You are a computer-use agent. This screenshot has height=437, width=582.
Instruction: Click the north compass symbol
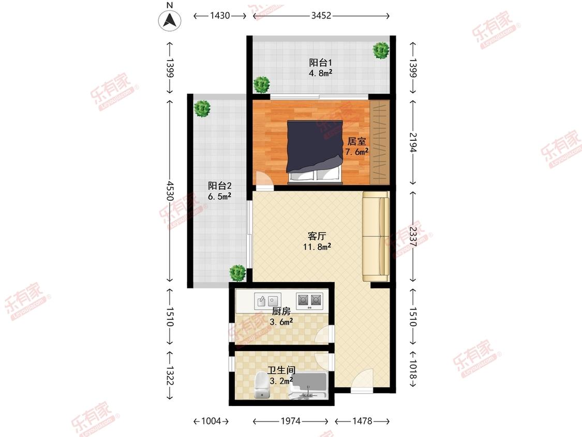point(170,20)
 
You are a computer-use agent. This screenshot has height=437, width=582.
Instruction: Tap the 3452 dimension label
point(321,16)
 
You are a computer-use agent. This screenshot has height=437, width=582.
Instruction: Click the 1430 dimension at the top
point(220,16)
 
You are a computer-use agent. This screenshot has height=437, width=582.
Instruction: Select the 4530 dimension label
point(170,191)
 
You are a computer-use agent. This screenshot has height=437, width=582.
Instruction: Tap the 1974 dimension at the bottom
point(291,421)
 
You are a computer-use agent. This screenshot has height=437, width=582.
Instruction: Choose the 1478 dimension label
point(362,421)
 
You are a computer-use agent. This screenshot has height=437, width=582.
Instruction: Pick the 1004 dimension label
point(211,421)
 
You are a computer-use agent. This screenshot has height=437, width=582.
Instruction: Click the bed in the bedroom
point(315,152)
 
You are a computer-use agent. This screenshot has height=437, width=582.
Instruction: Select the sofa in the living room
point(376,236)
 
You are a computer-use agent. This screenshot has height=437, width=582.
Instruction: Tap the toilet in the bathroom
point(262,386)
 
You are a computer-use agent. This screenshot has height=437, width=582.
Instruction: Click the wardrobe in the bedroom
point(380,142)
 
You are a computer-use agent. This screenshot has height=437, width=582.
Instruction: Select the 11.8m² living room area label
point(317,246)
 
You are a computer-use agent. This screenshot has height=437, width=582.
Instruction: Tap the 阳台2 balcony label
point(220,185)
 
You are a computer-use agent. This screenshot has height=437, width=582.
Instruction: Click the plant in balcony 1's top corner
point(381,50)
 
